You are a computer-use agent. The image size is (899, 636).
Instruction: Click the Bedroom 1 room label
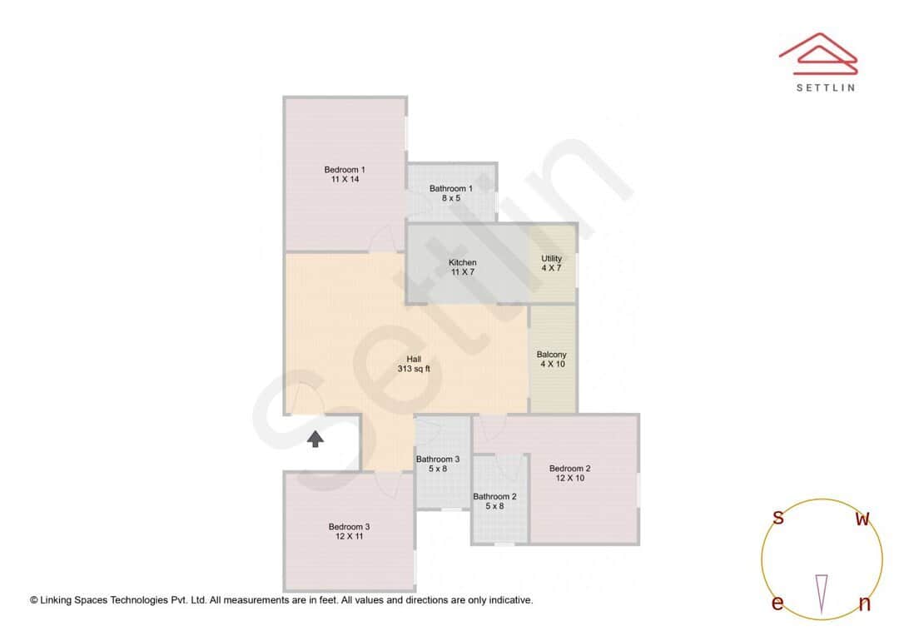345,170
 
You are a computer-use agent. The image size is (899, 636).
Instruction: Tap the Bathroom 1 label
451,189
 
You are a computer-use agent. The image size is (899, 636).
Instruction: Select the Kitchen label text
463,263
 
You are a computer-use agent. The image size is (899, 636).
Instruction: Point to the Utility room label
552,259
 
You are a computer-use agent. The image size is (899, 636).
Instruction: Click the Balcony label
552,355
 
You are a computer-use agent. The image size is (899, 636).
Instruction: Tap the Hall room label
414,360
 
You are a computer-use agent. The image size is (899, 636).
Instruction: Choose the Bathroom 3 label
438,460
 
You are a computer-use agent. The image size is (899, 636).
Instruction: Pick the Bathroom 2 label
495,497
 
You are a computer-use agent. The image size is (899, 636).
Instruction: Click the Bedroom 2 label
570,469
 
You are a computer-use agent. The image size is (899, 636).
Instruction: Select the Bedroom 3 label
349,527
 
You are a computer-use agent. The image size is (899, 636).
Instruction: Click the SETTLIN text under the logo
825,87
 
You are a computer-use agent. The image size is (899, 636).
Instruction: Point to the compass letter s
778,518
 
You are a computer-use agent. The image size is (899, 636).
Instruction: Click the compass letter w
863,519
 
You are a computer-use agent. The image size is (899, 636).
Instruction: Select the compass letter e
777,604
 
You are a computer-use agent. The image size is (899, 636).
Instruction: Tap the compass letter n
864,604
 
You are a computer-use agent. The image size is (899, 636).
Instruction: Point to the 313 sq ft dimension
414,369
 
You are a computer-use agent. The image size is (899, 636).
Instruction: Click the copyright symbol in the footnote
34,599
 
